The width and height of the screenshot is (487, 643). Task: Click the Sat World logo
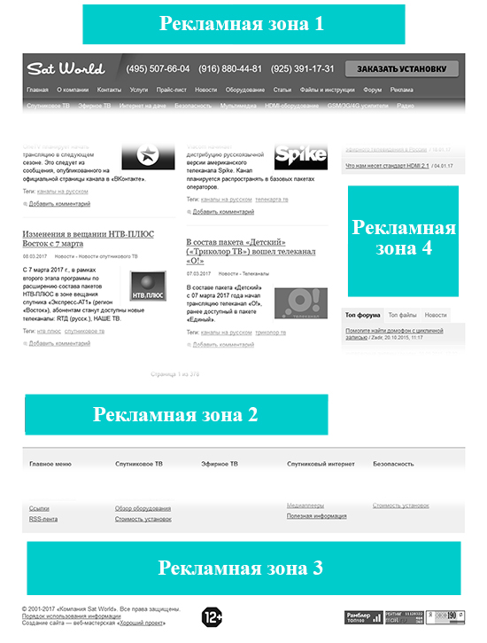click(x=66, y=68)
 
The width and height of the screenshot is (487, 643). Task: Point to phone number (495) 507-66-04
click(x=158, y=68)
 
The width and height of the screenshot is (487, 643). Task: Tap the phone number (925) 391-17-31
click(x=303, y=68)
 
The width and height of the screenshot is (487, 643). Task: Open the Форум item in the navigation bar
click(x=373, y=90)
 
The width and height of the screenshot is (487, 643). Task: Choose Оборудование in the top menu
click(x=245, y=90)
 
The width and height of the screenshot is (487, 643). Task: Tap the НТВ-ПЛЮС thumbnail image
click(x=149, y=292)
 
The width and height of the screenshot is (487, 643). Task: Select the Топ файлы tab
click(x=402, y=315)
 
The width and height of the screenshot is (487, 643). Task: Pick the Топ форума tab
click(x=363, y=315)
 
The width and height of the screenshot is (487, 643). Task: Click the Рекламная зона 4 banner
click(x=403, y=239)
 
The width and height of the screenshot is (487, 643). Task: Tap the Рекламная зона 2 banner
click(x=175, y=414)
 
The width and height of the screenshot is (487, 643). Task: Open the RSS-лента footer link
click(x=43, y=519)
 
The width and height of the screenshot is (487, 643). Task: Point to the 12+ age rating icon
click(x=213, y=616)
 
